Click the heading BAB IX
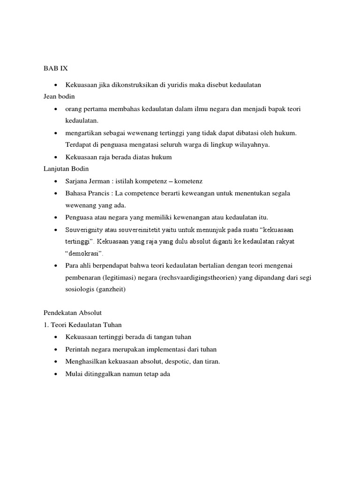click(55, 68)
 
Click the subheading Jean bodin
click(59, 97)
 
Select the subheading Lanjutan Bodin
click(66, 169)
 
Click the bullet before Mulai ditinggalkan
click(56, 374)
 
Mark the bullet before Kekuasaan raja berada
click(56, 157)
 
